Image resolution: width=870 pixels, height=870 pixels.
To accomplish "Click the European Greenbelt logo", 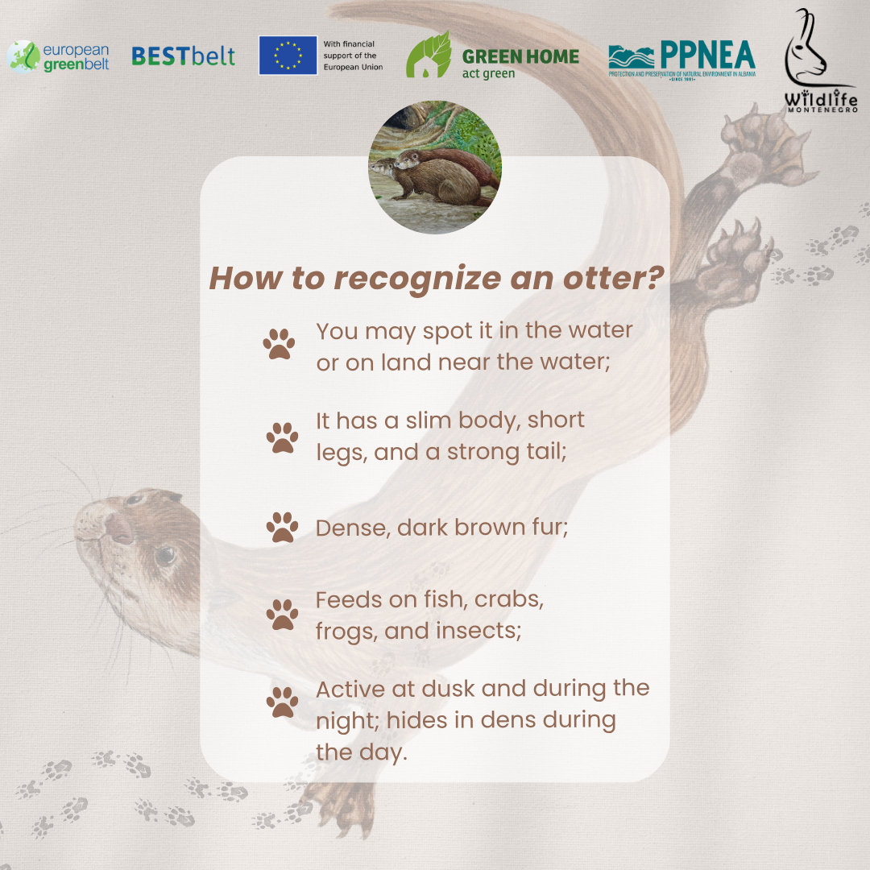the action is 58,56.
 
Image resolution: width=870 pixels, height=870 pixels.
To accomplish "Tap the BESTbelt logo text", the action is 183,56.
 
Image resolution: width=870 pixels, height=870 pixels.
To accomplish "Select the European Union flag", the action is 288,56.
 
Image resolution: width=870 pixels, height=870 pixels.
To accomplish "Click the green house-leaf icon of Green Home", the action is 429,55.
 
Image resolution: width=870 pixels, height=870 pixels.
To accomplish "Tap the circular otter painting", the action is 435,167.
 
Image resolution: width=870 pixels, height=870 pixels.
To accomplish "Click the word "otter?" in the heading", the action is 613,277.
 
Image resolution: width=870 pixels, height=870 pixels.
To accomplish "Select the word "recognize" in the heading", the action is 417,279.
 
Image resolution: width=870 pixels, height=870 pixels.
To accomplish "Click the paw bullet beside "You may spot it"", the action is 279,344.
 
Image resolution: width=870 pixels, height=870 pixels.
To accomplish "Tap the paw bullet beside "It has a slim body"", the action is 282,437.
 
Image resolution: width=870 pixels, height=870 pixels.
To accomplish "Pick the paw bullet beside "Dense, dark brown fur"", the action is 282,527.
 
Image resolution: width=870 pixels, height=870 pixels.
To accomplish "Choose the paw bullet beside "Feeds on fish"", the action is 282,614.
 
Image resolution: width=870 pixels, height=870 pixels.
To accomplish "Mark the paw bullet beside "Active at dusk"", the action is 282,702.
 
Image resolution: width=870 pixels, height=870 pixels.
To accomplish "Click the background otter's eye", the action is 165,555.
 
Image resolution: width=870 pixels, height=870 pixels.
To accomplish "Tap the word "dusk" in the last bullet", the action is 448,689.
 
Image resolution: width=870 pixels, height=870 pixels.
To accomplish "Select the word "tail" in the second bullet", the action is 546,452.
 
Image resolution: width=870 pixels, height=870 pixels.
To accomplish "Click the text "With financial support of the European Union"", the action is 353,56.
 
